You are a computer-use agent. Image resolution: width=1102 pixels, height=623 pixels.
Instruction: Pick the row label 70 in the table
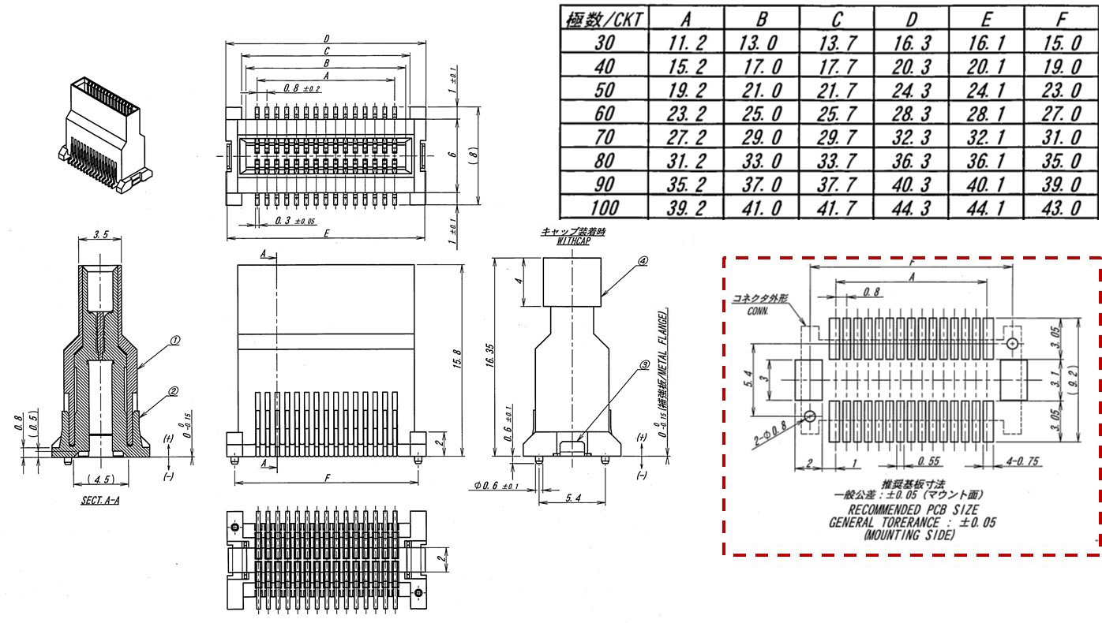tap(603, 139)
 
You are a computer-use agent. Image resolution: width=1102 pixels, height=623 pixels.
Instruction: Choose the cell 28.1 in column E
tap(985, 115)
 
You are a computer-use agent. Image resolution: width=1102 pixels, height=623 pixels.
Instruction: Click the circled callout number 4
tap(643, 261)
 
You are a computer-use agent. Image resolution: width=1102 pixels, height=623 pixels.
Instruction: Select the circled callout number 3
tap(644, 365)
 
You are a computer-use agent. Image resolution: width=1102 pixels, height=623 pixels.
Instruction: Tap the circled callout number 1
tap(174, 341)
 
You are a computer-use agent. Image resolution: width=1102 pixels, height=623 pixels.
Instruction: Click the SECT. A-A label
tap(99, 500)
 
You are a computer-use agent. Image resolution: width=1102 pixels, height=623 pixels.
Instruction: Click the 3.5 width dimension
tap(99, 235)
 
